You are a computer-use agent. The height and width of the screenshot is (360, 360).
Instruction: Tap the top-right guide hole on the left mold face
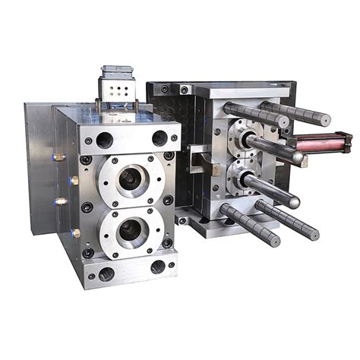[159, 138]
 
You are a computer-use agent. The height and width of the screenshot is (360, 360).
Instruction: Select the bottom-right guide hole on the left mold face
[158, 267]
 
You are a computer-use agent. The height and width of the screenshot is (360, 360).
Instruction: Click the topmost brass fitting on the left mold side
[59, 156]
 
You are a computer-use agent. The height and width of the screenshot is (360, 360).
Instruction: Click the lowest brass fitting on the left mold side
[75, 233]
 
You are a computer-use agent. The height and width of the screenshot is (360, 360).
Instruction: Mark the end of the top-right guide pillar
[324, 119]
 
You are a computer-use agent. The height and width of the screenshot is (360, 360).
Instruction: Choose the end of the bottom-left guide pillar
[278, 238]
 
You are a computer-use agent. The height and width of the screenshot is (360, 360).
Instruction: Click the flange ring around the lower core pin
[240, 180]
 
